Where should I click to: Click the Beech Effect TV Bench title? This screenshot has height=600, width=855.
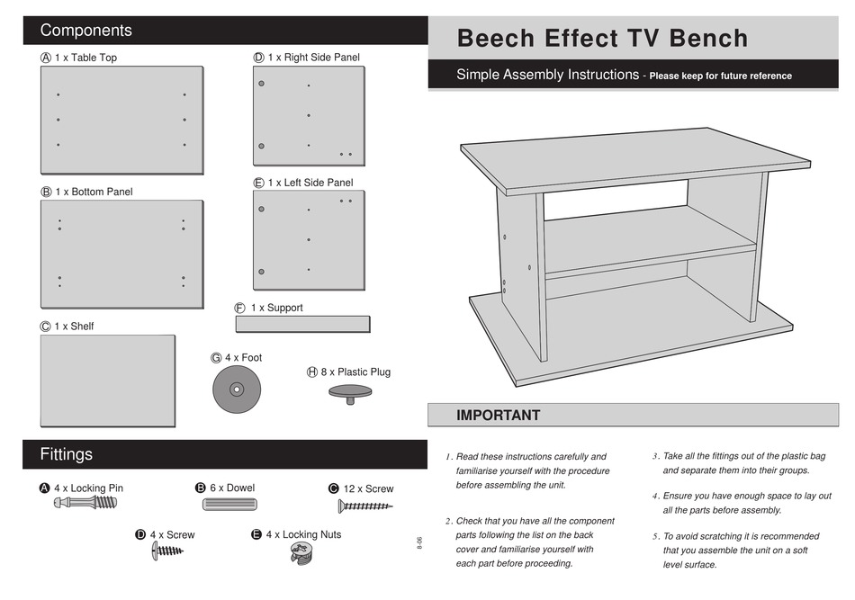tap(602, 39)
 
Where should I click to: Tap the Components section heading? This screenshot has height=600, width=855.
tap(85, 31)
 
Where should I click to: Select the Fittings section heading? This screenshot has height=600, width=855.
tap(66, 454)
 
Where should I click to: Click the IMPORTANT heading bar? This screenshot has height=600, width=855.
tap(498, 416)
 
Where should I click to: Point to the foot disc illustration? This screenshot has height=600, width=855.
tap(235, 390)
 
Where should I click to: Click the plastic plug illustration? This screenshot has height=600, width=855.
tap(350, 392)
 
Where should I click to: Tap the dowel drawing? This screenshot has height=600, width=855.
tap(229, 506)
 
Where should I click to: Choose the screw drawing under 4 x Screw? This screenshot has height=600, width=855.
tap(167, 551)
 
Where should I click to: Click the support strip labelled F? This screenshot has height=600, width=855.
tap(302, 324)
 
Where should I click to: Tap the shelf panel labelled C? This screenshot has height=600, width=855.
tap(107, 381)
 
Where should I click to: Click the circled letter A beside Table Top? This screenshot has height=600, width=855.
tap(46, 58)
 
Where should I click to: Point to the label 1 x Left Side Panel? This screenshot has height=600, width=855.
tap(310, 183)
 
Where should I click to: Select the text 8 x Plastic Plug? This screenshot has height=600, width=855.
tap(355, 372)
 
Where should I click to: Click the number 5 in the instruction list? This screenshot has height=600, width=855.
tap(656, 536)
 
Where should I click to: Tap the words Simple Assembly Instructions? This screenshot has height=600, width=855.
tap(547, 75)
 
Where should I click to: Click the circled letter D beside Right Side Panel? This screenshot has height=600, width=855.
tap(258, 58)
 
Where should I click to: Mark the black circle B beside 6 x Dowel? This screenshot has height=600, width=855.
tap(201, 488)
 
